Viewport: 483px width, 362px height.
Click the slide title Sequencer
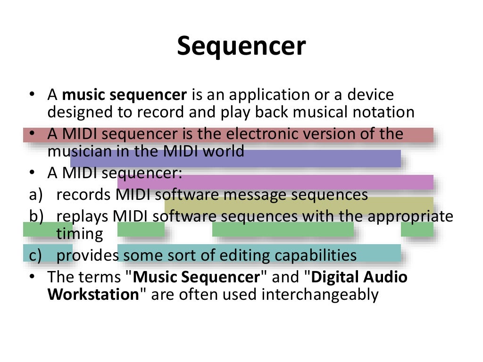click(241, 47)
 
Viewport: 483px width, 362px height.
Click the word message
click(256, 195)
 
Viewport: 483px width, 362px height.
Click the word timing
click(79, 233)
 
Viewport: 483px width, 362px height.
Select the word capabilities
click(316, 255)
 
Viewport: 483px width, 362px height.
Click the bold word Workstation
click(92, 295)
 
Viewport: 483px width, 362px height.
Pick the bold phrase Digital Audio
click(359, 277)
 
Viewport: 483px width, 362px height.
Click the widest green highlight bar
click(283, 230)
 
